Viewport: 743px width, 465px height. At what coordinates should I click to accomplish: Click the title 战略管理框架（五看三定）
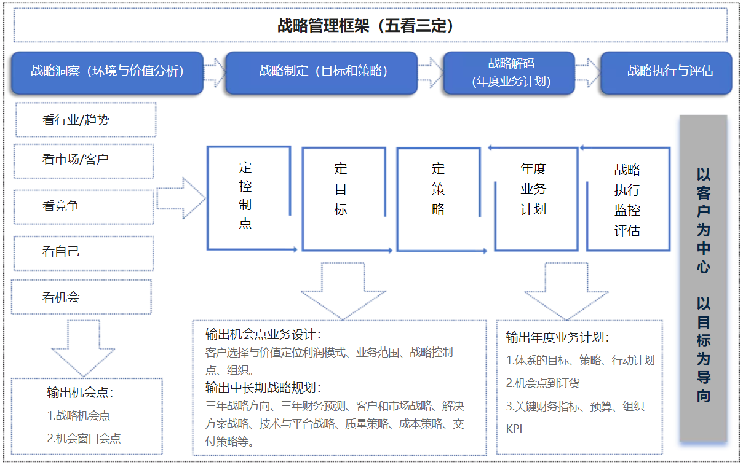(365, 26)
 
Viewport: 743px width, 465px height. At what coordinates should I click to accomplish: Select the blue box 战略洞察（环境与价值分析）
(107, 73)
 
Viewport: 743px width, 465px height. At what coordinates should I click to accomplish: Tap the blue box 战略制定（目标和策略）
(322, 73)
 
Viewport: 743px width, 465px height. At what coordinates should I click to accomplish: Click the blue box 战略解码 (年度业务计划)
(509, 73)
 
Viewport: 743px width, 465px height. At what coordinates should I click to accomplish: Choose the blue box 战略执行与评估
(666, 73)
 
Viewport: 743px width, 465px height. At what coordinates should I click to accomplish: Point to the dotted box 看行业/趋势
(86, 120)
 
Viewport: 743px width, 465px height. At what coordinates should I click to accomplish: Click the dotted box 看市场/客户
(84, 161)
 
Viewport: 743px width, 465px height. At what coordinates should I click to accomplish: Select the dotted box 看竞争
(84, 207)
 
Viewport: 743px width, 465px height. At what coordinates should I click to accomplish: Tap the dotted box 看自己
(84, 253)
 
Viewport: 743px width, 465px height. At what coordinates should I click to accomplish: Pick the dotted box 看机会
(81, 297)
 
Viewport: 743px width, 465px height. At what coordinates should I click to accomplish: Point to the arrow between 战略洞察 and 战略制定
(214, 73)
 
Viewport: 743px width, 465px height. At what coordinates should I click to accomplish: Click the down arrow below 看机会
(83, 348)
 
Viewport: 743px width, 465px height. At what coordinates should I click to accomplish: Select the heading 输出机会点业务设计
(263, 335)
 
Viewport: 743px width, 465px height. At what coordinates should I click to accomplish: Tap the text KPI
(514, 429)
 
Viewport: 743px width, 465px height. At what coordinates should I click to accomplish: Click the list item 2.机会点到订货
(542, 383)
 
